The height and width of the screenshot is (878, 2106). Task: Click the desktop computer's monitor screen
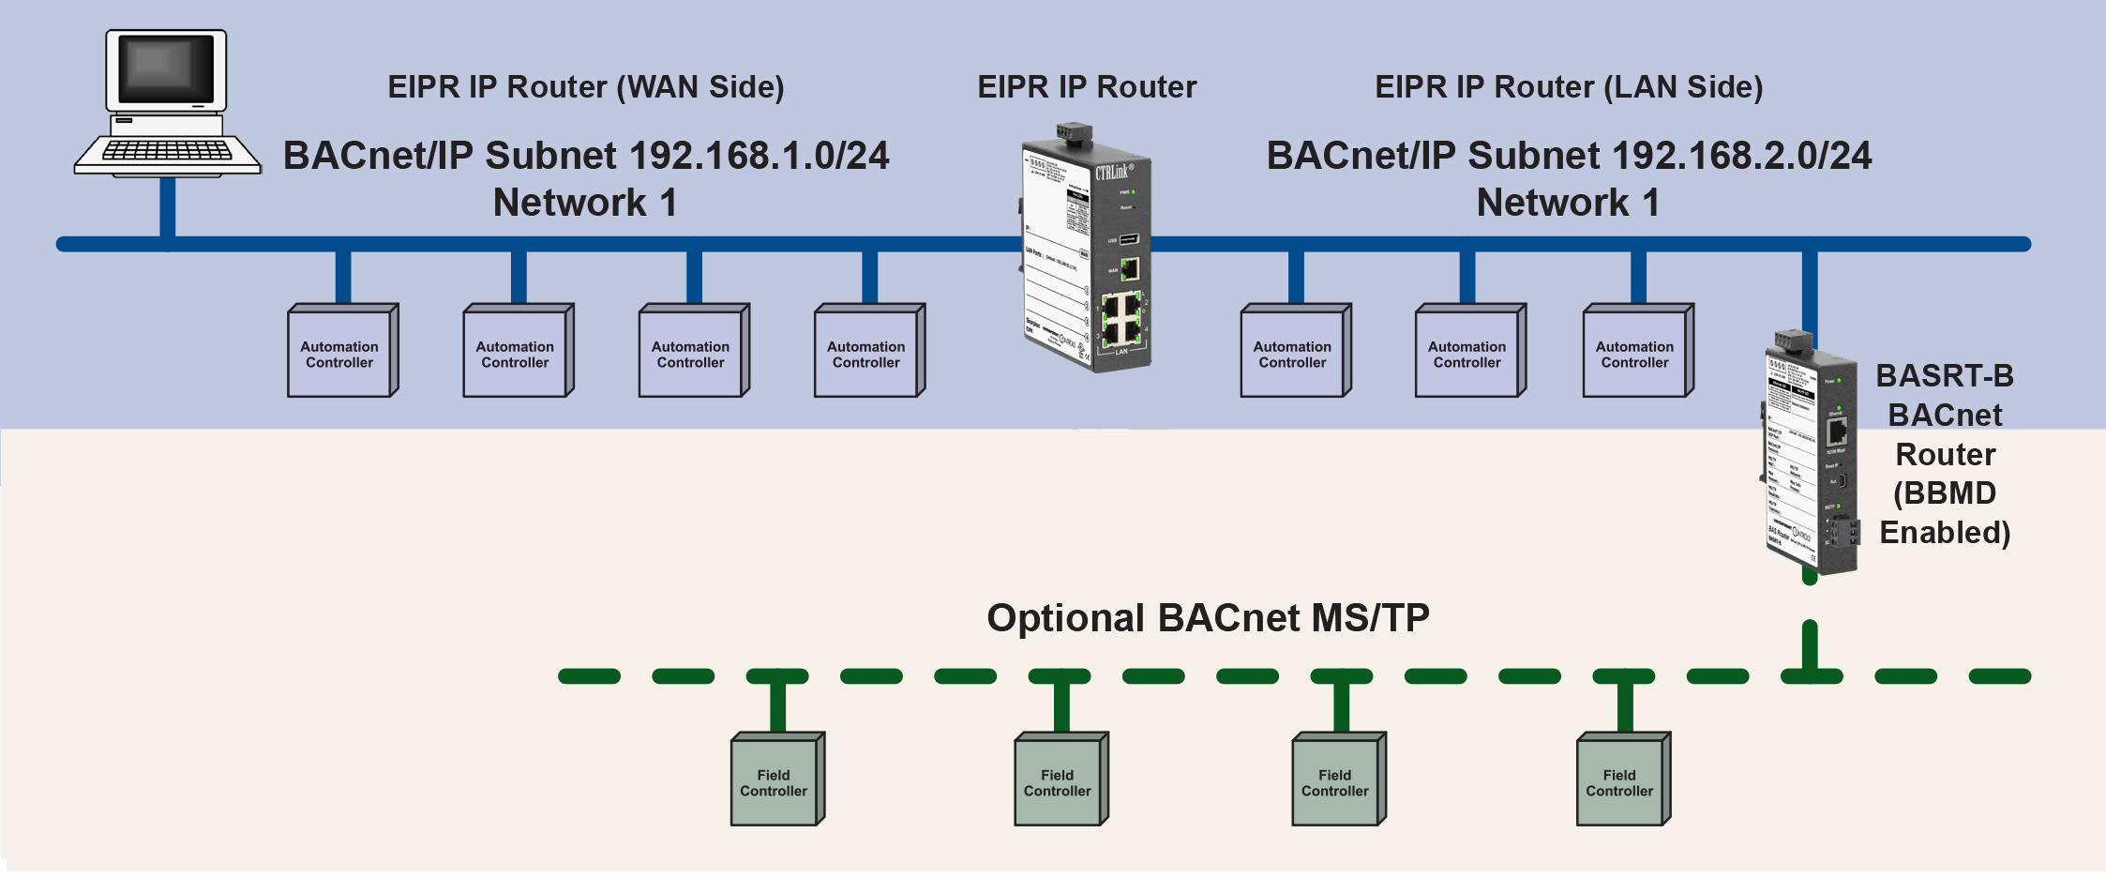pyautogui.click(x=166, y=68)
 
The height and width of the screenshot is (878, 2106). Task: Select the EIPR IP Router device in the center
pyautogui.click(x=1087, y=249)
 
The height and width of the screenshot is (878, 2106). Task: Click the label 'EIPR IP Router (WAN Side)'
pyautogui.click(x=586, y=87)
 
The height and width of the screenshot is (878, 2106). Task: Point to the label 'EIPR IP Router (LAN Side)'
pyautogui.click(x=1569, y=87)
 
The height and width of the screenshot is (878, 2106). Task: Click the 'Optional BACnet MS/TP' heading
pyautogui.click(x=1208, y=618)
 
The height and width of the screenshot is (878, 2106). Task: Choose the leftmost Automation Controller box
pyautogui.click(x=339, y=354)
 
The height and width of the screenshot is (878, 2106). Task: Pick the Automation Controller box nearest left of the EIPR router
pyautogui.click(x=866, y=354)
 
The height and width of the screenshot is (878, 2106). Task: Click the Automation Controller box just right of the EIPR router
pyautogui.click(x=1293, y=354)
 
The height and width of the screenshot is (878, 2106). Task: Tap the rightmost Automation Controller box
pyautogui.click(x=1635, y=354)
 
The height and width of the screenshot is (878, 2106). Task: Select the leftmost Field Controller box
pyautogui.click(x=775, y=781)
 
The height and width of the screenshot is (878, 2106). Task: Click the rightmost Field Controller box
pyautogui.click(x=1620, y=781)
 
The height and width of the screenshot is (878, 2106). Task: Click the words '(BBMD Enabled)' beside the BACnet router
pyautogui.click(x=1945, y=512)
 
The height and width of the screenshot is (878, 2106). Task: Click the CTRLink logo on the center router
pyautogui.click(x=1114, y=172)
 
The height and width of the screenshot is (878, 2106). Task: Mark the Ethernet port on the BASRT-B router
pyautogui.click(x=1837, y=432)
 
